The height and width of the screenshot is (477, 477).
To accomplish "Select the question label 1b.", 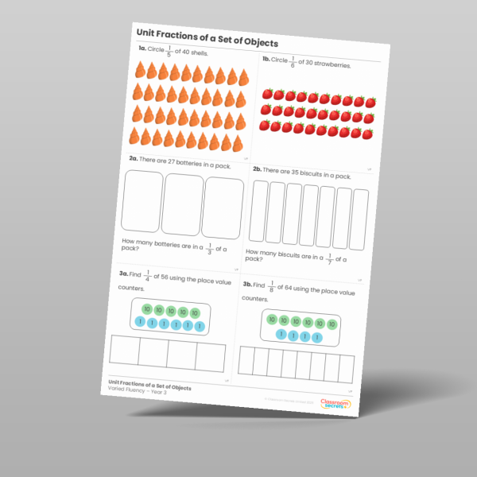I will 265,60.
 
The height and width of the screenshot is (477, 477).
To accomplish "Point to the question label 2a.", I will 134,158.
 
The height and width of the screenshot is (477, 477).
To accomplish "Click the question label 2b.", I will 257,169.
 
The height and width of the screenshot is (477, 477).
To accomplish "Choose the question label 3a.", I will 123,273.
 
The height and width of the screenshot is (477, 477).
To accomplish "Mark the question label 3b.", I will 247,285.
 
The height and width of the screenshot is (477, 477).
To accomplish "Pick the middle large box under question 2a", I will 183,204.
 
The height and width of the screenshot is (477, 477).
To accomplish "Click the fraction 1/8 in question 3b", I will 273,285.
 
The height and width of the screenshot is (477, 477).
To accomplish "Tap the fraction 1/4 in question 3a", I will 149,275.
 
